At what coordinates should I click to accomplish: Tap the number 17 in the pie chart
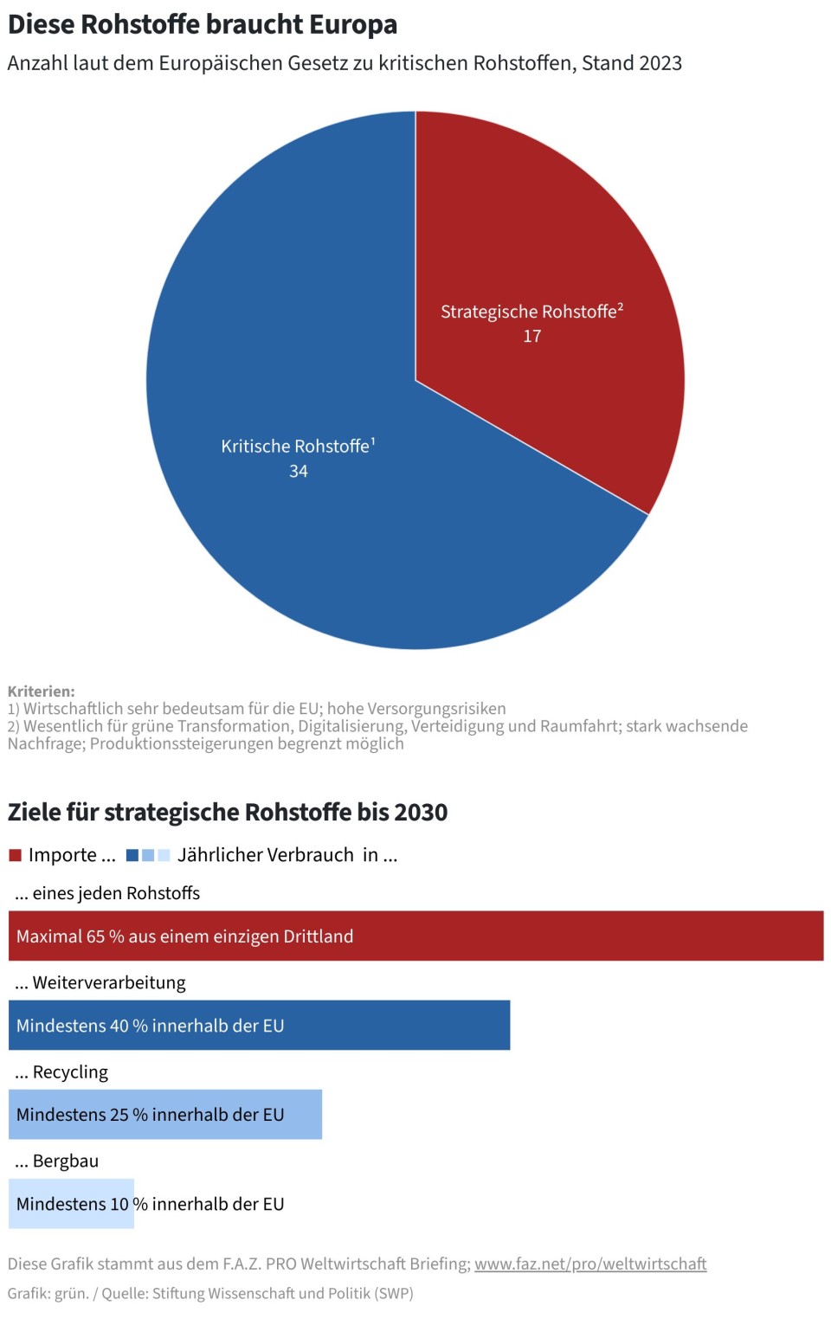(532, 336)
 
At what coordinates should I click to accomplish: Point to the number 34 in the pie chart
(299, 471)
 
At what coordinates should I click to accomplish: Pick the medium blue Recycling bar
(303, 1114)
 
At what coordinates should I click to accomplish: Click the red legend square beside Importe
(15, 855)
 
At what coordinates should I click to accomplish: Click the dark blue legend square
(132, 855)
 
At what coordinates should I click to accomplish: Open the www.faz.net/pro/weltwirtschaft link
(590, 1264)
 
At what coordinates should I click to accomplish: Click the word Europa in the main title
(354, 24)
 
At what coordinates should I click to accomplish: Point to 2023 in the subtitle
(657, 63)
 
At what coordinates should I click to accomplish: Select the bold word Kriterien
(41, 692)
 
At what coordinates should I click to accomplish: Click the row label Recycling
(70, 1072)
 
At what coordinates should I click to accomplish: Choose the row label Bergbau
(66, 1161)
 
